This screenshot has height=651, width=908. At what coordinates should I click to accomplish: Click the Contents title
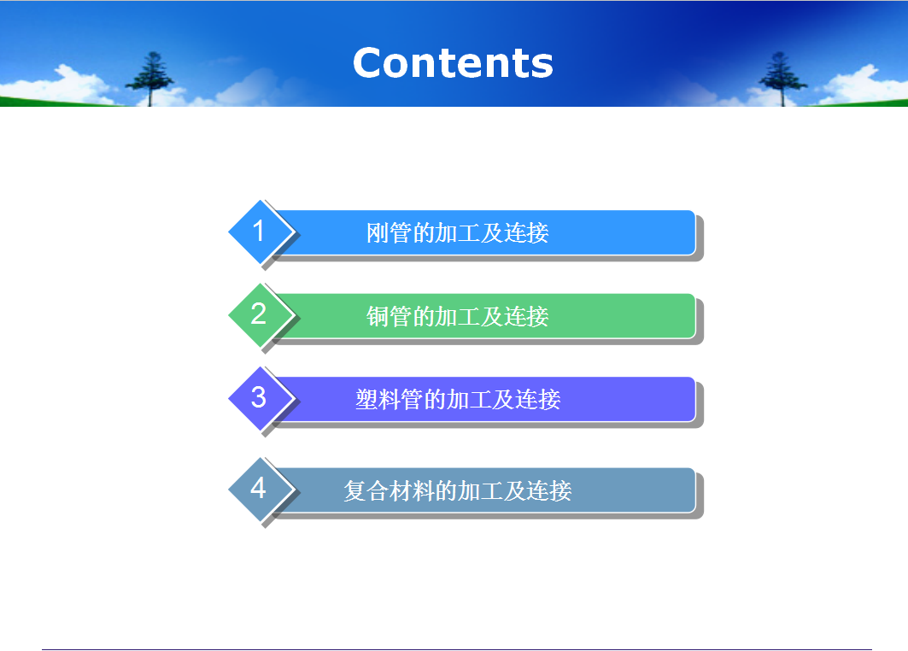pos(453,62)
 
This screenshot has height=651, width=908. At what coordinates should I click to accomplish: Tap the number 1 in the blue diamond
pos(259,231)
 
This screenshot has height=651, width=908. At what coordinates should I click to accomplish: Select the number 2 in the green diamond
pos(258,314)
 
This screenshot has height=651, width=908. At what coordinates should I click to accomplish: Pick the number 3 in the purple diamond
pos(258,397)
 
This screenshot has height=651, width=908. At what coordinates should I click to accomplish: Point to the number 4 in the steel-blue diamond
pos(258,488)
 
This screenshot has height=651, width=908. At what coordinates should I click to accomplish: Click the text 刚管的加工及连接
pos(458,233)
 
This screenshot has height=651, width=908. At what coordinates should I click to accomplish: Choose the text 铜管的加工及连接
pos(458,316)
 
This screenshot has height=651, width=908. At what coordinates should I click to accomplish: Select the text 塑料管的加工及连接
pos(458,400)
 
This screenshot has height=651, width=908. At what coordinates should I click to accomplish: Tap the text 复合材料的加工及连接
pos(458,490)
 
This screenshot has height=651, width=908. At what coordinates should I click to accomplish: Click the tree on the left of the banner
pos(150,79)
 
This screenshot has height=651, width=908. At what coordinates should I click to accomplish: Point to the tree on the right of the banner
pos(782,79)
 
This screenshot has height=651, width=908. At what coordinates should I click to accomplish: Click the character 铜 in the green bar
pos(377,316)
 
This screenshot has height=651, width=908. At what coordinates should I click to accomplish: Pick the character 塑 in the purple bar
pos(366,400)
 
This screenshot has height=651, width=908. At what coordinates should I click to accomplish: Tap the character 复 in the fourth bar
pos(354,490)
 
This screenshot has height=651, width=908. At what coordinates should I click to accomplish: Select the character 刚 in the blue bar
pos(377,233)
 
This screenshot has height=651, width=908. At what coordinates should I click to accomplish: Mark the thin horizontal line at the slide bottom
pos(457,649)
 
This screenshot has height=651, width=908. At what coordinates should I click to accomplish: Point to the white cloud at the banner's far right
pos(857,85)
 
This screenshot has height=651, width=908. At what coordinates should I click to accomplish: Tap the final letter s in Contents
pos(542,67)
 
